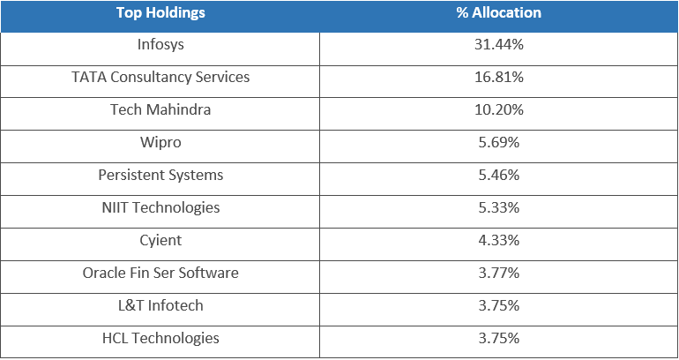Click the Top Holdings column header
[x=160, y=13]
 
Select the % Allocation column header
[x=498, y=13]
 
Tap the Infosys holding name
[x=160, y=44]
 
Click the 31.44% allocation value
[x=498, y=44]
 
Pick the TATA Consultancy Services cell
[x=160, y=77]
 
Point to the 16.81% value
[x=498, y=77]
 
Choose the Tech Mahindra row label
[x=160, y=109]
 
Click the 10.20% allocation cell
[x=498, y=109]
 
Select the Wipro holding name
[x=160, y=142]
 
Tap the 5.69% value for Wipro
[x=498, y=142]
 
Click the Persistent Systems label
[x=160, y=175]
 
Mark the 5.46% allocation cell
[x=498, y=175]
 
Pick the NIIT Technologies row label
[x=160, y=207]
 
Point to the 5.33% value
[x=498, y=207]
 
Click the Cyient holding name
[x=160, y=240]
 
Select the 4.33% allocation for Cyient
[x=498, y=240]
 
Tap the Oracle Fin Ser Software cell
[x=160, y=273]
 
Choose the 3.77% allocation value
[x=498, y=273]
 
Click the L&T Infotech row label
[x=160, y=305]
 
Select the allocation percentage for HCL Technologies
[x=498, y=338]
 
